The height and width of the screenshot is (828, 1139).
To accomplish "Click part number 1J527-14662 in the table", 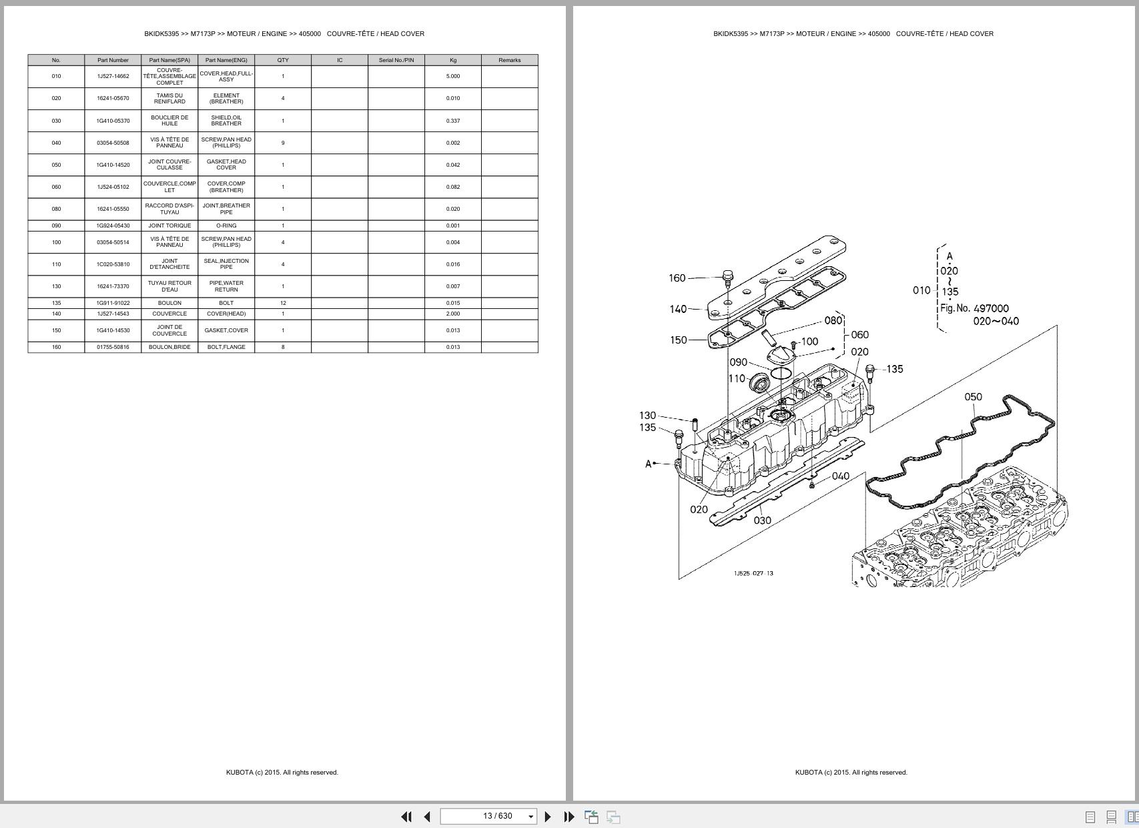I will (113, 76).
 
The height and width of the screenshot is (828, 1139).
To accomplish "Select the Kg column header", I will (452, 60).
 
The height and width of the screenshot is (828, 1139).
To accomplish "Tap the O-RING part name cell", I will (226, 226).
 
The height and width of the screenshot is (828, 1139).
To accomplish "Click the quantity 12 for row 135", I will (283, 303).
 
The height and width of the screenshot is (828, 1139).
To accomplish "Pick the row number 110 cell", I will (56, 264).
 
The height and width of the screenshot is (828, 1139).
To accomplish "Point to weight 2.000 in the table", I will (452, 314).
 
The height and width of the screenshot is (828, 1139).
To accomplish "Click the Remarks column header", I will (509, 60).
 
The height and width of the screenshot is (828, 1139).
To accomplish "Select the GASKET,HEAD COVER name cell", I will (226, 165).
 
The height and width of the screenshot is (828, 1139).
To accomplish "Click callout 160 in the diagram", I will (677, 278).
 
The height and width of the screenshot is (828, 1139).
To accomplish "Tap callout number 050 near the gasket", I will (973, 397).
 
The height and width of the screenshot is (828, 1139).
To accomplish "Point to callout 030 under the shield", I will (762, 520).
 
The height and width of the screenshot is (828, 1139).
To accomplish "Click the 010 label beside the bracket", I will (921, 290).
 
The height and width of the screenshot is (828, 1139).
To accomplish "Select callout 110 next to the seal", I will (737, 378).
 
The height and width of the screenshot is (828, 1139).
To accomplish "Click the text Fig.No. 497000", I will (974, 308).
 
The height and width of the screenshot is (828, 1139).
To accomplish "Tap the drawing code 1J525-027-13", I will (753, 573).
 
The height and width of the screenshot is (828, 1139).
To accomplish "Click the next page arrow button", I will (548, 816).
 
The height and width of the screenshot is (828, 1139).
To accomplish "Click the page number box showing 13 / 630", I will (488, 816).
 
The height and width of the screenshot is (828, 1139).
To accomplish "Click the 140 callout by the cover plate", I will (678, 309).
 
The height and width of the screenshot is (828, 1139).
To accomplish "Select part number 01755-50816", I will (113, 347).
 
